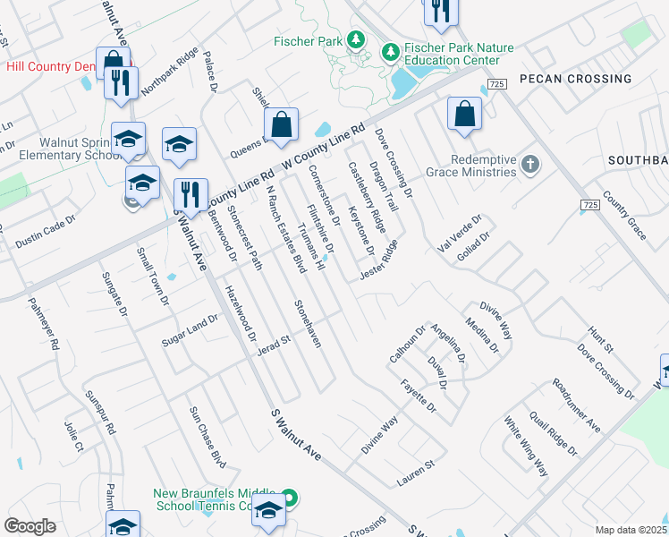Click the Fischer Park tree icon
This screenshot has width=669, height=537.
tap(356, 40)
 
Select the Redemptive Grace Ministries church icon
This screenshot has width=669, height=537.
tap(531, 164)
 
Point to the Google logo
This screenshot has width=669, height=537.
tap(30, 526)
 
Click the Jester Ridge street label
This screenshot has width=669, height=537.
tap(378, 259)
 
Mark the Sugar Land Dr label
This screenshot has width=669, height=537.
tap(190, 330)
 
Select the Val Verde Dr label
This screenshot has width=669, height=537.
tap(460, 231)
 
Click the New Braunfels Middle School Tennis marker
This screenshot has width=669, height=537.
tap(289, 497)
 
